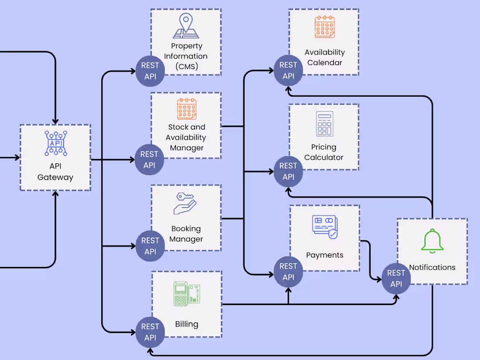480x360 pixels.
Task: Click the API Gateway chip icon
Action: coord(55,143)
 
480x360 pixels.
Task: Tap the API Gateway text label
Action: coord(55,171)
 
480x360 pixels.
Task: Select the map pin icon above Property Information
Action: coord(186,26)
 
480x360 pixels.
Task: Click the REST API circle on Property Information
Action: coord(150,71)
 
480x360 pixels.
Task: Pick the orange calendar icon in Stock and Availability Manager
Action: coord(187,109)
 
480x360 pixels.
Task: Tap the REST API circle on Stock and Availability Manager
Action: coord(149,160)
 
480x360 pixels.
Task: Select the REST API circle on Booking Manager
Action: coord(150,246)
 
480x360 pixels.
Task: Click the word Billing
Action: coord(186,324)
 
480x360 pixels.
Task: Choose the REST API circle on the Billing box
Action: coord(150,332)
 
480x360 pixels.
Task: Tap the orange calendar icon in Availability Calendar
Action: coord(325,27)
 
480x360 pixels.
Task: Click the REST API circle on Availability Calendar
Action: coord(288,71)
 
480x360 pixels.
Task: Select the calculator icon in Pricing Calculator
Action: coord(325,124)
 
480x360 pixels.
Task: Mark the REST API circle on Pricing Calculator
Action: coord(288,171)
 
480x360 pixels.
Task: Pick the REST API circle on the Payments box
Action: coord(288,272)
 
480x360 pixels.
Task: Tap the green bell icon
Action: coord(432,241)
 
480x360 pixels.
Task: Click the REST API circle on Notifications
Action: coord(396,278)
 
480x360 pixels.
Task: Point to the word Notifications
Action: coord(432,267)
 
